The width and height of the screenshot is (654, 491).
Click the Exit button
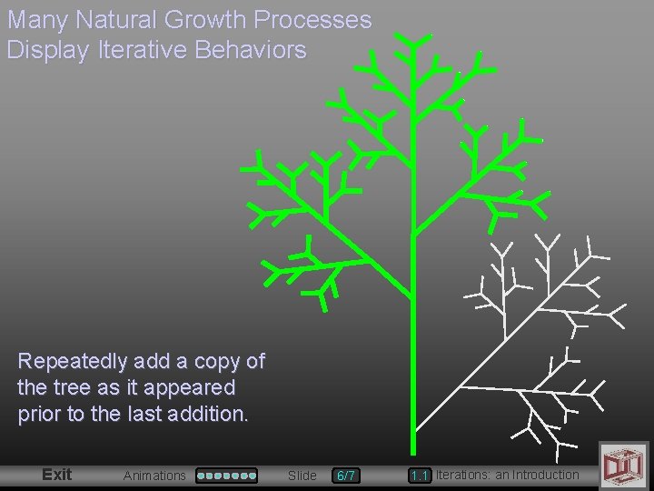[56, 474]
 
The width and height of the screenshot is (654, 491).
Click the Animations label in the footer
[154, 476]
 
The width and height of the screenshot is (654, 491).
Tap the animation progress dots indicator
[227, 475]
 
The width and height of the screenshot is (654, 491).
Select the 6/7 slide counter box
[346, 476]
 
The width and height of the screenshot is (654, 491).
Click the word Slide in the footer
[302, 476]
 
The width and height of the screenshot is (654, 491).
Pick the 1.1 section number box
[419, 476]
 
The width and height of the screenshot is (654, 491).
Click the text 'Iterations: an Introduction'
[507, 475]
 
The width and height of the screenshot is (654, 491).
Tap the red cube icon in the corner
[623, 464]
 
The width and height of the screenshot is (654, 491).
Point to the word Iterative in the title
[137, 50]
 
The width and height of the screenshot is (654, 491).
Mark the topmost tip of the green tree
[413, 36]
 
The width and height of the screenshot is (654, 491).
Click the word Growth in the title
[205, 20]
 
